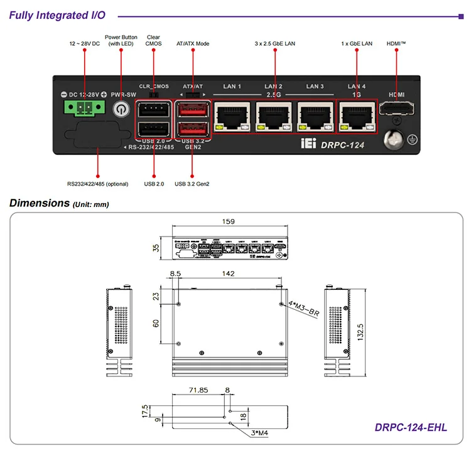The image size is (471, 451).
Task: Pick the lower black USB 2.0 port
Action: pyautogui.click(x=153, y=130)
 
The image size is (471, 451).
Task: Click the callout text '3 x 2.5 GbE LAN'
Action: pyautogui.click(x=274, y=44)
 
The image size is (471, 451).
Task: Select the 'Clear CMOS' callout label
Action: pyautogui.click(x=153, y=40)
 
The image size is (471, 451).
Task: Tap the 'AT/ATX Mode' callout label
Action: pyautogui.click(x=193, y=44)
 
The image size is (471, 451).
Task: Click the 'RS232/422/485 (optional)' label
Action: pyautogui.click(x=97, y=184)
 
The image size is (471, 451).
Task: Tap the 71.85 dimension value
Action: pyautogui.click(x=197, y=390)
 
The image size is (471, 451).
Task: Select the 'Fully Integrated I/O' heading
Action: pyautogui.click(x=57, y=15)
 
